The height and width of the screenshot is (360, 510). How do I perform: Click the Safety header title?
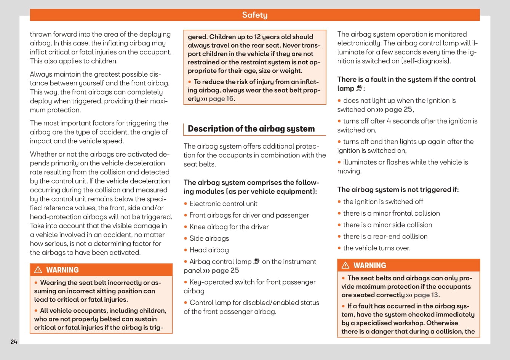click(x=254, y=15)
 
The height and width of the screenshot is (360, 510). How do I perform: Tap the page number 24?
click(x=14, y=342)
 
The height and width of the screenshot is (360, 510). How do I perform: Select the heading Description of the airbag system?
click(x=251, y=129)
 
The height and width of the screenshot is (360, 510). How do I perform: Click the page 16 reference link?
click(x=221, y=99)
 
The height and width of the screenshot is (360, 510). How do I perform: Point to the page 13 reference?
click(x=426, y=295)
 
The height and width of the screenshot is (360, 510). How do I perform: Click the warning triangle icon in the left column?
click(x=38, y=270)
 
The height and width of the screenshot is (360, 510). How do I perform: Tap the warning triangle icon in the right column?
click(x=345, y=266)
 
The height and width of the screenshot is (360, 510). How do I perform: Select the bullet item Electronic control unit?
click(x=223, y=204)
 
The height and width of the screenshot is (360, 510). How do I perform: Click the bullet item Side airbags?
click(x=209, y=238)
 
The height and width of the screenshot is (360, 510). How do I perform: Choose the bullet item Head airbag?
click(x=209, y=250)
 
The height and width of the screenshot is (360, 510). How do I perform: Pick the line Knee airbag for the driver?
click(x=229, y=227)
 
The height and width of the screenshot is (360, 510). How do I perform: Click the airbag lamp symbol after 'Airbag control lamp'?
click(x=257, y=261)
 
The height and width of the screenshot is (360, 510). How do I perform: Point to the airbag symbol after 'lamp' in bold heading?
click(x=359, y=88)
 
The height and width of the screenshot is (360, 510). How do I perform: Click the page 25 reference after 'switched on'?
click(x=398, y=109)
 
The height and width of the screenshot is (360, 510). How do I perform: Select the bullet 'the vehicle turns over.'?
click(x=377, y=248)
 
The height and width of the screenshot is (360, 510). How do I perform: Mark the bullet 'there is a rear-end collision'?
click(x=385, y=237)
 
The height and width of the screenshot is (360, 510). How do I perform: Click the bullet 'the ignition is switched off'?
click(x=383, y=202)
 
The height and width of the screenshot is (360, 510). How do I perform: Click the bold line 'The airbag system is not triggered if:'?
click(x=398, y=189)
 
